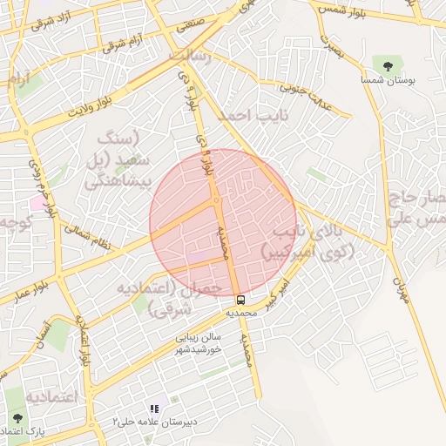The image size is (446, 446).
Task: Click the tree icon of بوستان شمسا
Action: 388,64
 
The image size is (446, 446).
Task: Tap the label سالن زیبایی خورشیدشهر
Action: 199,341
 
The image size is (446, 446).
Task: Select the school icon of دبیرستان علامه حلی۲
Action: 155,409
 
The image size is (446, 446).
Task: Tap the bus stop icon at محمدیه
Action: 241,300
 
